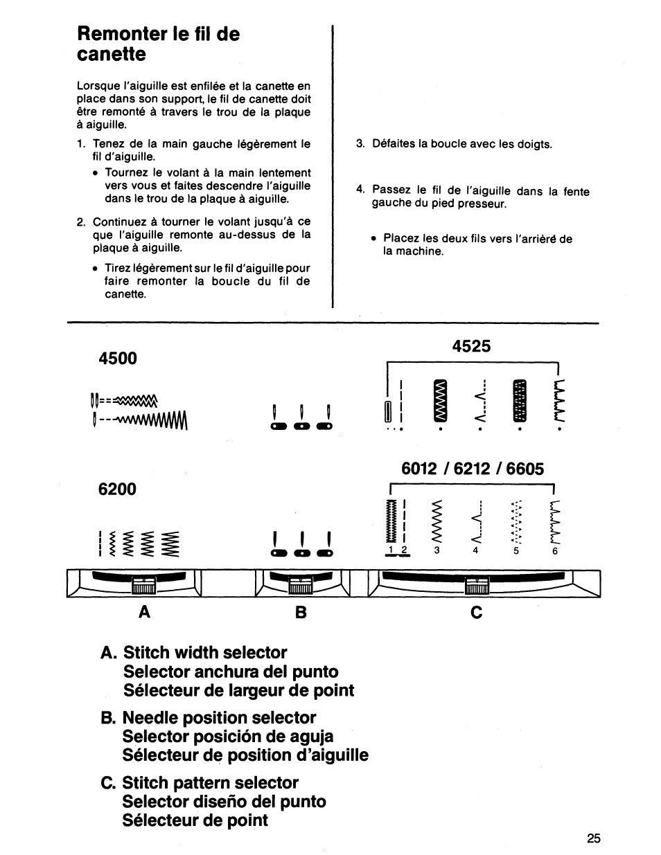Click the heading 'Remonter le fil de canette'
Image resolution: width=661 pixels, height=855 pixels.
[x=158, y=44]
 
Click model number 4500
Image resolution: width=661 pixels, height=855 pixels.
[x=118, y=358]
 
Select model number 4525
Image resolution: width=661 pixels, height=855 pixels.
[x=471, y=345]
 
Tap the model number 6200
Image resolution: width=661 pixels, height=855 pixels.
[x=118, y=489]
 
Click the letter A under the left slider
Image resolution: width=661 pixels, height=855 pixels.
[x=143, y=612]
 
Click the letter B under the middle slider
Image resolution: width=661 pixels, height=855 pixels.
[x=299, y=612]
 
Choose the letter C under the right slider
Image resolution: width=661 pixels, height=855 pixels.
[x=476, y=612]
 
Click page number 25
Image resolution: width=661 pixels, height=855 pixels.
[x=594, y=838]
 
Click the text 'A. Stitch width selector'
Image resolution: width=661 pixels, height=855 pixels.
[x=194, y=652]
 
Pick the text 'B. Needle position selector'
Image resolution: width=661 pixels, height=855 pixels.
[x=209, y=717]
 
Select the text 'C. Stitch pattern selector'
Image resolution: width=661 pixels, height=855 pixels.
[x=200, y=782]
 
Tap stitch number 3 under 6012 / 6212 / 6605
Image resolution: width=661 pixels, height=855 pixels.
[x=437, y=551]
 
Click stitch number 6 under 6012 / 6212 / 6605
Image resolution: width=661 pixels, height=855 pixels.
[x=555, y=551]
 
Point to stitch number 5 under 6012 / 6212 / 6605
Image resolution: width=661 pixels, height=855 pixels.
[x=515, y=551]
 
